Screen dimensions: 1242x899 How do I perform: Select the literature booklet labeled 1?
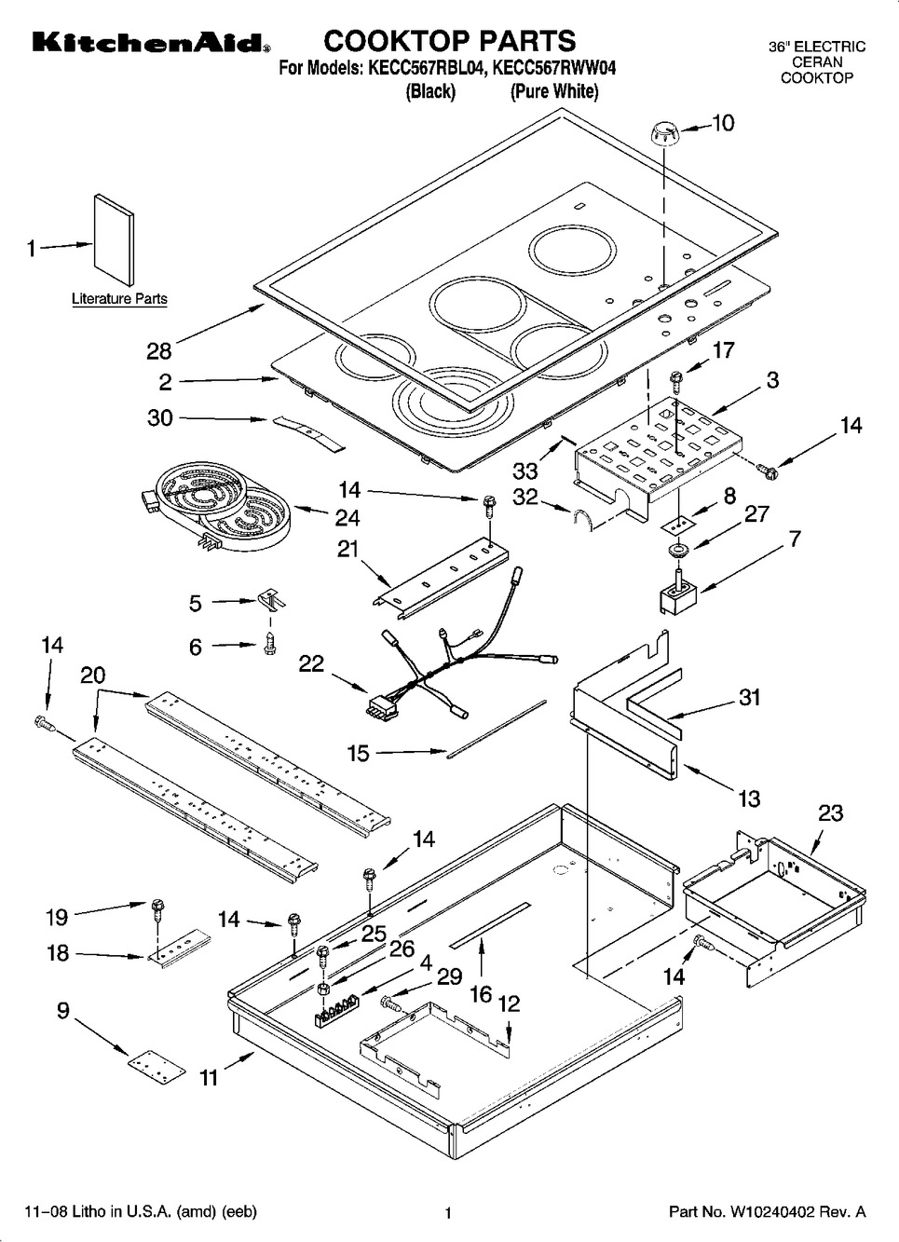point(114,239)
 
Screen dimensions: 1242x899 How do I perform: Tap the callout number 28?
point(159,351)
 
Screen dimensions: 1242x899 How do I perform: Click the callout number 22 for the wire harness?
point(311,663)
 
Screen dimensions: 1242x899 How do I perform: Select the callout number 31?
point(750,697)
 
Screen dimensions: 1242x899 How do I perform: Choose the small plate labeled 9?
point(151,1066)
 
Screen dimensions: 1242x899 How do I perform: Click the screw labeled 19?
point(157,905)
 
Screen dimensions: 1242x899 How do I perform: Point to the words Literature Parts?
point(119,299)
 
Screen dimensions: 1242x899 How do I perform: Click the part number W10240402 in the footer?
point(785,1212)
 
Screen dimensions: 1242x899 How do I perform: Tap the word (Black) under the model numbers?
point(430,91)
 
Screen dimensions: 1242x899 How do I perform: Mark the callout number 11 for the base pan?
point(210,1077)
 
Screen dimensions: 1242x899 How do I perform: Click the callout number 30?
point(160,417)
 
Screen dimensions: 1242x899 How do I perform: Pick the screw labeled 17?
point(677,378)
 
